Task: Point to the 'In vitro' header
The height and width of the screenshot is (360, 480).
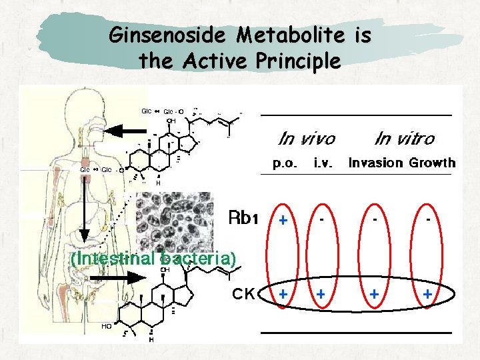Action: (404, 139)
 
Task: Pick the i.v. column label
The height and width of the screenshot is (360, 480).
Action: (323, 163)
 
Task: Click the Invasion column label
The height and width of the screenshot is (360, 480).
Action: (376, 163)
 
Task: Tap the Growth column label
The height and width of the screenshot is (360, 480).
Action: (432, 163)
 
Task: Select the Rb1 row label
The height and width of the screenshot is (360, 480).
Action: (243, 217)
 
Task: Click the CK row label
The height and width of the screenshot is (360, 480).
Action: (243, 293)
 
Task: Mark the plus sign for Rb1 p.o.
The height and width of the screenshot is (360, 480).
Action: (283, 220)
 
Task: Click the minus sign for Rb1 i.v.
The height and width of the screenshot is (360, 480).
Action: (322, 218)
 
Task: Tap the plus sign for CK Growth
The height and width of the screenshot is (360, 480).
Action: (427, 293)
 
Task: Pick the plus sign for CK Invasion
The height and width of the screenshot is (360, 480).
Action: (375, 293)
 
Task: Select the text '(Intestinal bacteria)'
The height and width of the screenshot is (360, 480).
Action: (153, 258)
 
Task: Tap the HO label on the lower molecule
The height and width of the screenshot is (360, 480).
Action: (107, 326)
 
